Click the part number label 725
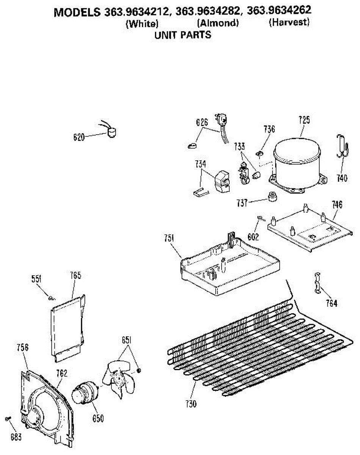click(304, 121)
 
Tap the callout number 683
click(16, 437)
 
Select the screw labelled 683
click(8, 419)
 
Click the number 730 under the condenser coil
click(191, 404)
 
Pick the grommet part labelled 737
click(271, 196)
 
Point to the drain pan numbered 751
click(231, 265)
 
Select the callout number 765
click(75, 275)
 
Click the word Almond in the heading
click(218, 23)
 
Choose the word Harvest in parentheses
click(289, 22)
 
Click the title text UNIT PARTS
click(183, 35)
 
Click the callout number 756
click(23, 347)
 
